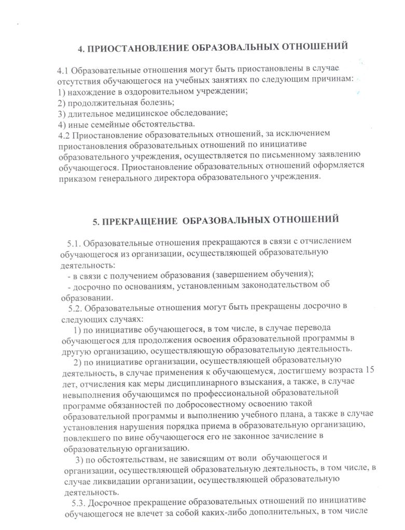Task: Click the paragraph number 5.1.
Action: (x=74, y=242)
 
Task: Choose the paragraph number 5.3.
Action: (x=76, y=503)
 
